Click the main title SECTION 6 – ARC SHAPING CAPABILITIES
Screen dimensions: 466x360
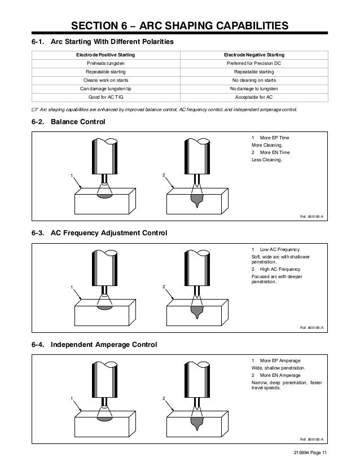179,26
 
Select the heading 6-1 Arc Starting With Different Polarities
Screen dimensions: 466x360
102,42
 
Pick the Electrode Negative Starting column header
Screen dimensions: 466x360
254,55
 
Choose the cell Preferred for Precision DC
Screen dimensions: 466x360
254,64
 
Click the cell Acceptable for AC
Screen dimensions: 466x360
254,96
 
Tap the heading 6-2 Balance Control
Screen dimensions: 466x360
68,122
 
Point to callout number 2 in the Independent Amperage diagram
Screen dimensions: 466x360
164,399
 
